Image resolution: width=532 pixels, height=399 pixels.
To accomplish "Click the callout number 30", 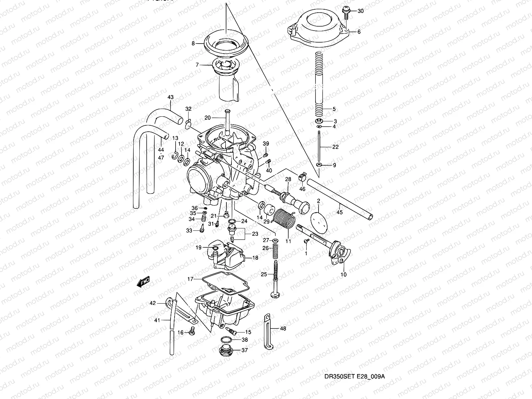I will [x=361, y=11].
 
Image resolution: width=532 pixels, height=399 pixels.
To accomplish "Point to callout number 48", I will [x=283, y=329].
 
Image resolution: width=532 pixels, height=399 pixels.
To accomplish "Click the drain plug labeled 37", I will [x=226, y=351].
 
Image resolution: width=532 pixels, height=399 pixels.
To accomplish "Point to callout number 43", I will [x=171, y=98].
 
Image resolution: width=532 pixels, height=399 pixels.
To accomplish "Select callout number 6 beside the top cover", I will [x=359, y=32].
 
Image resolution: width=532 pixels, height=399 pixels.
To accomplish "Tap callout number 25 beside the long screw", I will [x=264, y=274].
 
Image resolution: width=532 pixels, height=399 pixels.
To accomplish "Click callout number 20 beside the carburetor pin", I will [x=208, y=118].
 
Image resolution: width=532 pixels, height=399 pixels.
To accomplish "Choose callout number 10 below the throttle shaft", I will [x=343, y=275].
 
